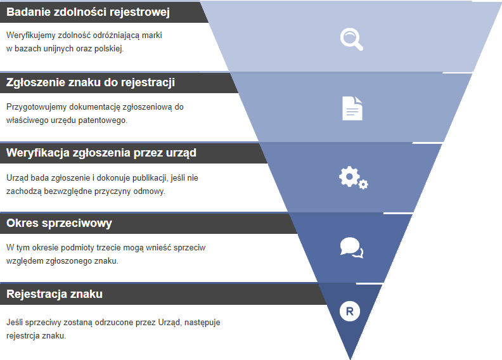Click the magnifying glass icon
pos(351,39)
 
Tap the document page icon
pos(352,108)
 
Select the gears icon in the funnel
pos(352,177)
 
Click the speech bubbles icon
pos(351,247)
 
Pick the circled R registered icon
pos(350,311)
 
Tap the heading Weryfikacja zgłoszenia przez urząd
pos(101,153)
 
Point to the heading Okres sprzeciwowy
pos(59,223)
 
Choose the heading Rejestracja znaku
pos(55,294)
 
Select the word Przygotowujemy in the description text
pos(35,106)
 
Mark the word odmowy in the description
pos(150,191)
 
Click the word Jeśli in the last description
pos(15,323)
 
